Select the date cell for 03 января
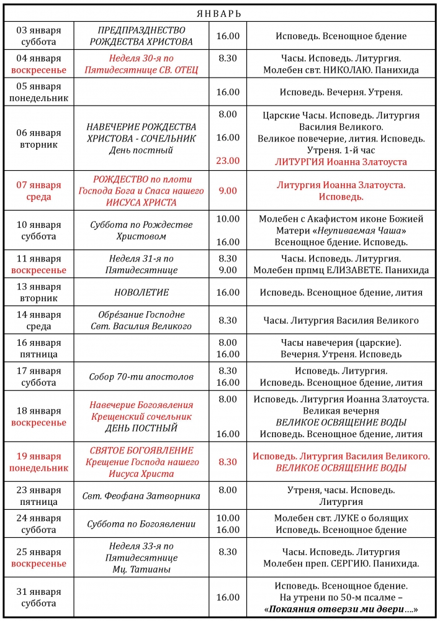coord(38,36)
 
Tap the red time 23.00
coord(228,161)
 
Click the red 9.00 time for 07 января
coord(228,191)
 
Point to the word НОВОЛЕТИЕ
coord(141,292)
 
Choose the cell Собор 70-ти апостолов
coord(141,376)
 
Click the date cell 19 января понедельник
coord(38,462)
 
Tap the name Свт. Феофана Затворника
coord(141,496)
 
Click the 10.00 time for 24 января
coord(228,518)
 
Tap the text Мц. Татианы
coord(141,569)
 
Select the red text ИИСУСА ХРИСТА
coord(141,202)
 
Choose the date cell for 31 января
coord(38,597)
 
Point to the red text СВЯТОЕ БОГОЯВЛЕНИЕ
coord(141,450)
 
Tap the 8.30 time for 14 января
coord(228,320)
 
